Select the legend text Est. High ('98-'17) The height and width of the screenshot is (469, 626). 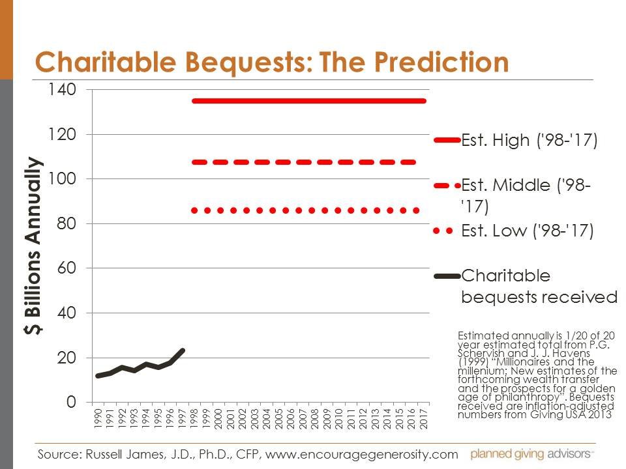pos(529,140)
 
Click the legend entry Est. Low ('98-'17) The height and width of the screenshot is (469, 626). pos(527,231)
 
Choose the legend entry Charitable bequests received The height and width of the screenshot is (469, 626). pos(539,286)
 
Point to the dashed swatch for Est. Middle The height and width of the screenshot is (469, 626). pos(447,186)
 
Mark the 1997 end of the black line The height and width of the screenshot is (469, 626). pos(183,350)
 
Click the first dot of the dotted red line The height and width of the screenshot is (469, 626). pos(194,210)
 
